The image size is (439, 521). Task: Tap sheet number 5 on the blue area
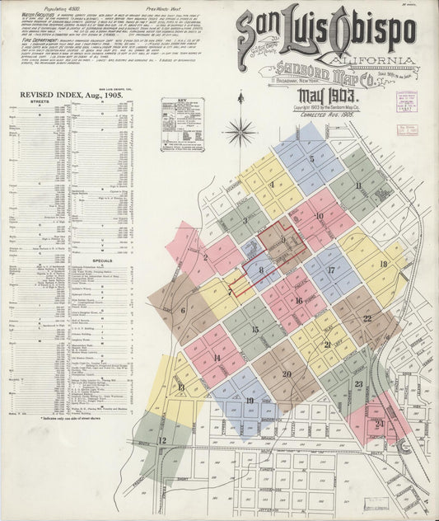[x=311, y=159]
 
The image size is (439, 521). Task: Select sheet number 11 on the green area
[x=358, y=185]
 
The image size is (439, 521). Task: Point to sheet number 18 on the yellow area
[x=383, y=264]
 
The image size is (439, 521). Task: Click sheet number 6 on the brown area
[x=183, y=311]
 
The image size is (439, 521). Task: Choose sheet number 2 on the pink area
[x=204, y=257]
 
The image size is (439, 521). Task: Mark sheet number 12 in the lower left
[x=162, y=440]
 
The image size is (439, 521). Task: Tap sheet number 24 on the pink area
[x=379, y=425]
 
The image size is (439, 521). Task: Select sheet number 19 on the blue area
[x=249, y=401]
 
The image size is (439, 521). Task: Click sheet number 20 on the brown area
[x=287, y=373]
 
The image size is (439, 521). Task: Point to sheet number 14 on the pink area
[x=217, y=358]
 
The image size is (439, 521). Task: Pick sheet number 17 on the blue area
[x=330, y=270]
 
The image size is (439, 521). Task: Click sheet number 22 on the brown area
[x=367, y=318]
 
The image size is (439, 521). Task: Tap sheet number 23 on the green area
[x=358, y=384]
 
